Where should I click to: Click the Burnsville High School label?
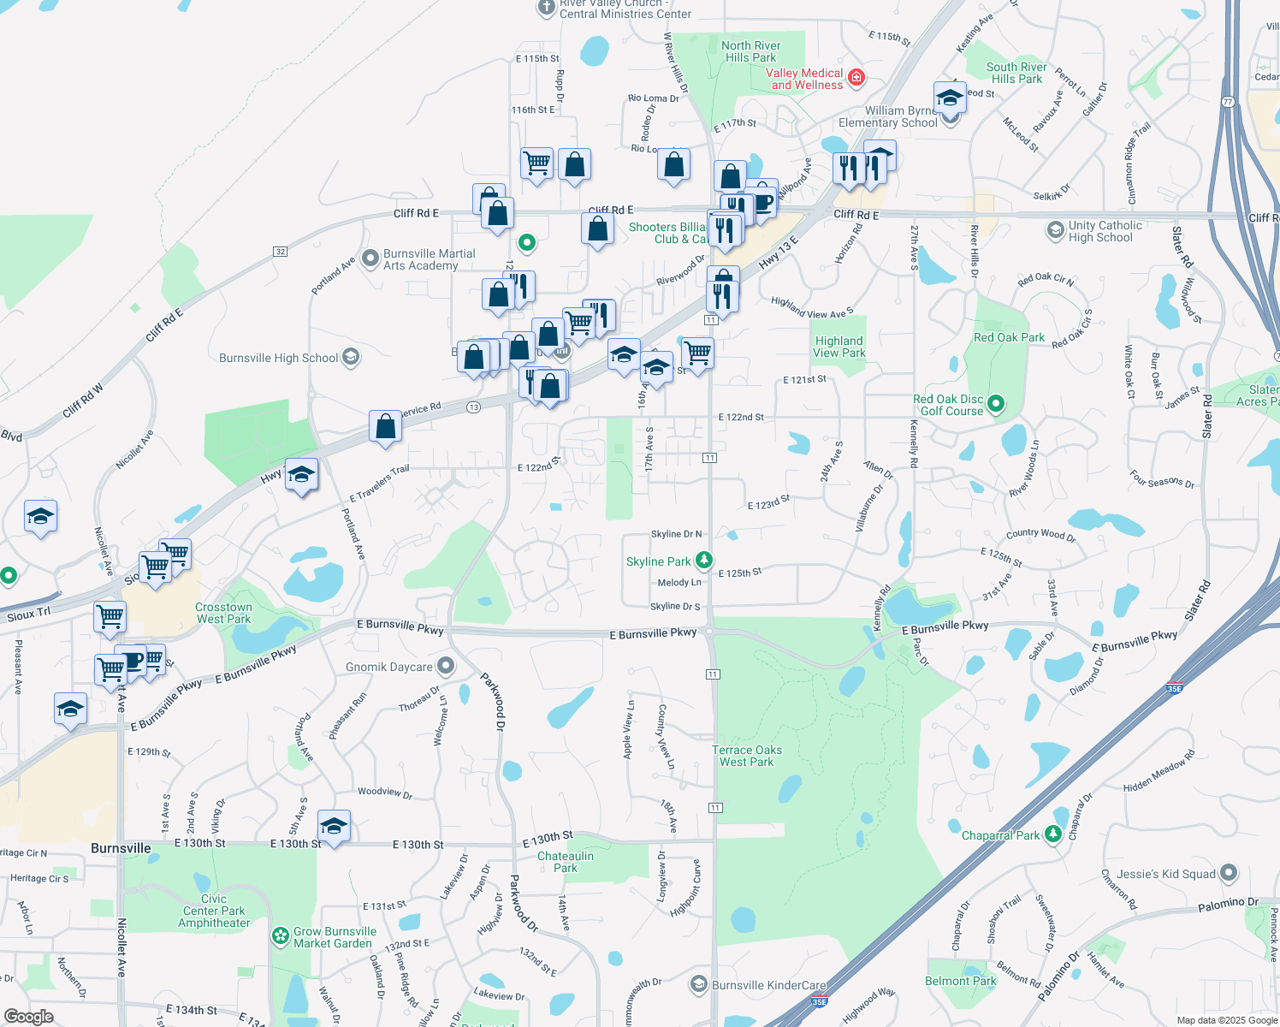(278, 358)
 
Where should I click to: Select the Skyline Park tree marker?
(703, 561)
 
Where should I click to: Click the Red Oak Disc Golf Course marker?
(996, 403)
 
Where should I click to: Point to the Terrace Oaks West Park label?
(747, 756)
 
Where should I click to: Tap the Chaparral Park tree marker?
(1053, 834)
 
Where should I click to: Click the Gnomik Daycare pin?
(445, 666)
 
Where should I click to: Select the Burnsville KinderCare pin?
(699, 984)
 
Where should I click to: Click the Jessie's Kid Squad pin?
(1229, 873)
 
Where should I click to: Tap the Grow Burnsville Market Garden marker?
(280, 936)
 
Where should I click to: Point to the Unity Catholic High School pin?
(1055, 230)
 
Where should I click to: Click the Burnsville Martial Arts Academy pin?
(370, 258)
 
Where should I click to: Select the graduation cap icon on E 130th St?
(333, 828)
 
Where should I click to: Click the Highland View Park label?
(839, 347)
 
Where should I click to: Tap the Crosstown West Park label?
(223, 613)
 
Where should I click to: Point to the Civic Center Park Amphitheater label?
(214, 911)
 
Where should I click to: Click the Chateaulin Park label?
(566, 862)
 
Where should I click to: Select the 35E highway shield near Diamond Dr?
(1174, 688)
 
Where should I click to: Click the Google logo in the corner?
(29, 1016)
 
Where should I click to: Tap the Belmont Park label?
(960, 981)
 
